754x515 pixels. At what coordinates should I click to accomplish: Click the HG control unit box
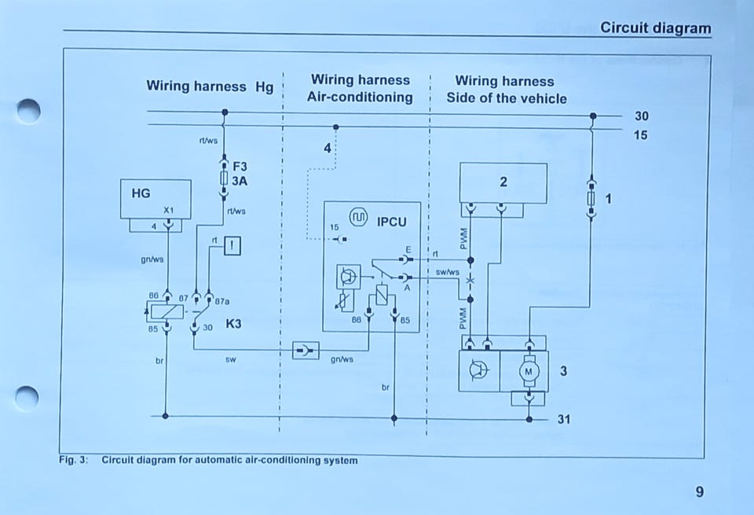[155, 198]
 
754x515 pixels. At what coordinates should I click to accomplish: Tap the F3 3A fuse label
[240, 174]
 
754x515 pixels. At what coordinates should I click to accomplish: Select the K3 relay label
[234, 323]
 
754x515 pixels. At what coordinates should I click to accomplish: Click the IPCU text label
[392, 222]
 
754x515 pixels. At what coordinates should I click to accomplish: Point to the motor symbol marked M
[529, 371]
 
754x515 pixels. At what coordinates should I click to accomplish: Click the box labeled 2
[503, 182]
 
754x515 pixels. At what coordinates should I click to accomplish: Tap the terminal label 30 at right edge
[642, 116]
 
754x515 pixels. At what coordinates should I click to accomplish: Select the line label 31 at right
[564, 419]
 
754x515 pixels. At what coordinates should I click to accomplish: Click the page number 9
[699, 492]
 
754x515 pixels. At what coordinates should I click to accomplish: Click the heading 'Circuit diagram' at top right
[655, 28]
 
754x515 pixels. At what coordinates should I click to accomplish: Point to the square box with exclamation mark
[232, 246]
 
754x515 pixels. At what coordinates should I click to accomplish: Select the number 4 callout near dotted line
[328, 148]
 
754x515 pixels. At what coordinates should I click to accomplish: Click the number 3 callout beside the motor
[563, 370]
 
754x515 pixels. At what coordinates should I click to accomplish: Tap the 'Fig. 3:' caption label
[73, 460]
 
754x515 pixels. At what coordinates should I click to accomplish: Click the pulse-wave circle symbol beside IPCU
[359, 217]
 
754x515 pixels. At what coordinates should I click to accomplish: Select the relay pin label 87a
[222, 300]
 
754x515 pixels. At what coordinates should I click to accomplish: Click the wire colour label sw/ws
[447, 272]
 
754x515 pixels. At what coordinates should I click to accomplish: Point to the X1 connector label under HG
[168, 211]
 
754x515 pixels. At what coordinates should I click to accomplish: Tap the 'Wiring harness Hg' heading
[210, 86]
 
